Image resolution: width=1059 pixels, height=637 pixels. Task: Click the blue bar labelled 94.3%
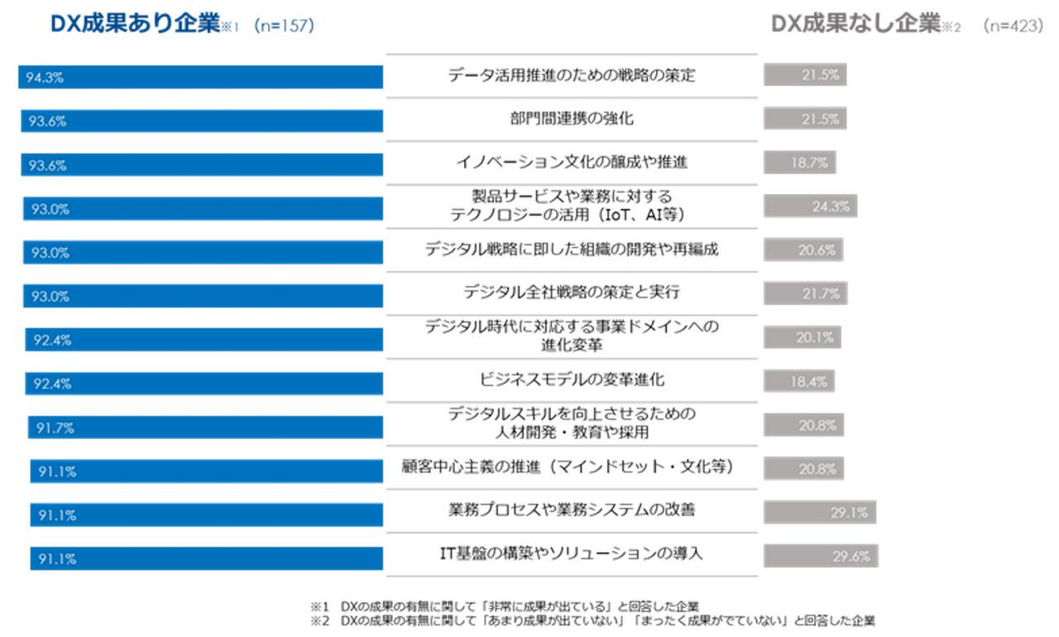[201, 77]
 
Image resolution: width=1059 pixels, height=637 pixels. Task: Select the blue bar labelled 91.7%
[205, 427]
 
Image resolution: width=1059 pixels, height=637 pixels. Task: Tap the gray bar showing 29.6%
[820, 556]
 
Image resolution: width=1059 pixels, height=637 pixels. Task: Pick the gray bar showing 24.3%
[810, 206]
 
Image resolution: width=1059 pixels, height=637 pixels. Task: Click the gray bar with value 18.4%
[798, 381]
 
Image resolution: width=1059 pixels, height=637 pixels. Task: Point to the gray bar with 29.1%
[819, 512]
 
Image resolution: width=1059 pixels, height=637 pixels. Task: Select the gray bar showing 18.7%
[799, 162]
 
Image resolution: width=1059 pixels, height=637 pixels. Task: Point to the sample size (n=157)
[284, 27]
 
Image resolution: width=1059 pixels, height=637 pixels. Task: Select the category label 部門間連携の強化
[572, 118]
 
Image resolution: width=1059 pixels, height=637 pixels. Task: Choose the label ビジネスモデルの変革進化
[572, 380]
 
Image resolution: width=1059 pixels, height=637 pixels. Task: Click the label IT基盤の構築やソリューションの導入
[572, 554]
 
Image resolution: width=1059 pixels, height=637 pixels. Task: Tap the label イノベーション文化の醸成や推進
[572, 162]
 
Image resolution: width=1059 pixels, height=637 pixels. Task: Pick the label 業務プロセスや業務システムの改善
[572, 510]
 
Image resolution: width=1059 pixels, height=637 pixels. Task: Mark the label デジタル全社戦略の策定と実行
[572, 292]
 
